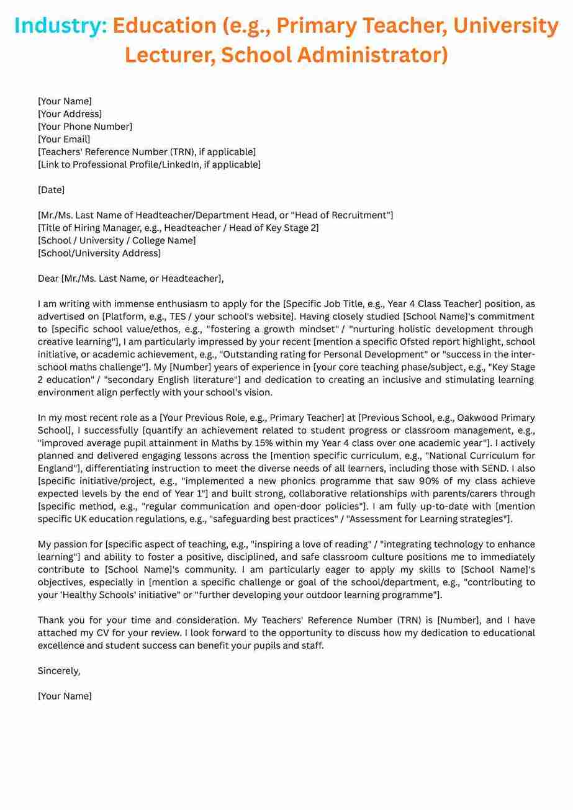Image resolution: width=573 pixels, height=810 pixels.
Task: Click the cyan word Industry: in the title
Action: point(61,26)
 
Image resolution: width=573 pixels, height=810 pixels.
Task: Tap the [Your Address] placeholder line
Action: point(70,114)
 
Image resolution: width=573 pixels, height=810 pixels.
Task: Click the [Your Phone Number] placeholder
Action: point(85,127)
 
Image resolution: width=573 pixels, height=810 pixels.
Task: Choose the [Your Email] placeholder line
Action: point(64,139)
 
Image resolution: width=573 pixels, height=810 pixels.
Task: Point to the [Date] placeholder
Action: point(51,190)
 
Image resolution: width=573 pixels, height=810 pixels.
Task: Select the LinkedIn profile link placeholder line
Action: point(149,164)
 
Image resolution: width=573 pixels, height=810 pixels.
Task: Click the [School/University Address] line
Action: point(99,253)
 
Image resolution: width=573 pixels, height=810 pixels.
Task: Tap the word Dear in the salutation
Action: point(48,279)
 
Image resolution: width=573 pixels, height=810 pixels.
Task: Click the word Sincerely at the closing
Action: point(58,671)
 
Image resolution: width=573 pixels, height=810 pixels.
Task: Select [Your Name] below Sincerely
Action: point(65,696)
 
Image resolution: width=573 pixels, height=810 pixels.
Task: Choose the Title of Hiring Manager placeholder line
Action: point(178,228)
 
